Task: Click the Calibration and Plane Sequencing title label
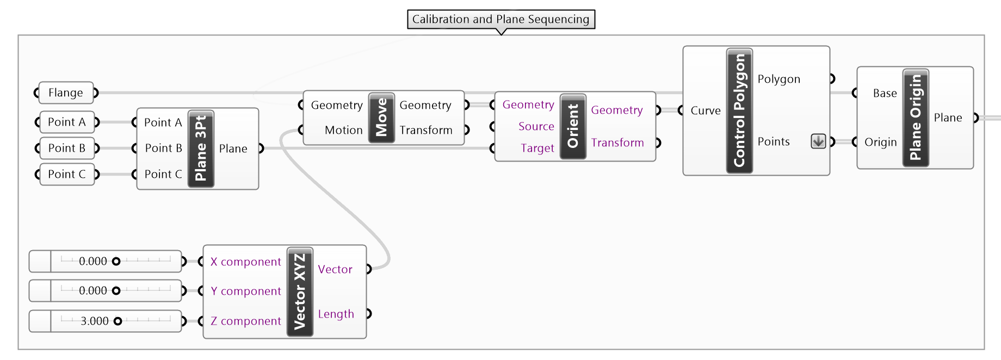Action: point(501,20)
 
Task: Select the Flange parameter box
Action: point(66,93)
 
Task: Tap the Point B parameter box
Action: point(67,148)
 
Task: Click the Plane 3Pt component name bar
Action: point(201,148)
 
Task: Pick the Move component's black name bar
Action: point(381,117)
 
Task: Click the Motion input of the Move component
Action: point(343,131)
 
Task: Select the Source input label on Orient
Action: point(536,127)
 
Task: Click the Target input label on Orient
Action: point(537,148)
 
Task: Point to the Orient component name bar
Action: point(573,126)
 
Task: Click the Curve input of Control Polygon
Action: point(705,111)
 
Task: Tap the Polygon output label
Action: point(778,79)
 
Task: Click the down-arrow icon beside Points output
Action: point(818,141)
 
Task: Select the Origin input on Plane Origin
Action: point(880,142)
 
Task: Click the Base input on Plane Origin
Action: point(885,94)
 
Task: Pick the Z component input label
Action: point(246,321)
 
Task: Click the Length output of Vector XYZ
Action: point(336,314)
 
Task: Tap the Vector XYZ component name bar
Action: point(300,291)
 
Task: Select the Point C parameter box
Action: point(67,175)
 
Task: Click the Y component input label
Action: point(246,291)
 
